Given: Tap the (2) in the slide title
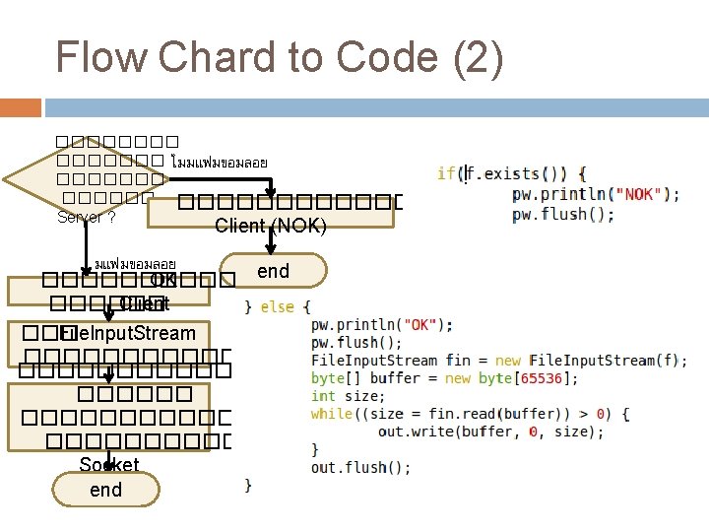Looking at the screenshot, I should (479, 57).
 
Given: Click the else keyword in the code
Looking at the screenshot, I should (277, 306).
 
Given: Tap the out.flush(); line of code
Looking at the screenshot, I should (361, 467).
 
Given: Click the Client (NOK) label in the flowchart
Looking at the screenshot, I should (271, 226).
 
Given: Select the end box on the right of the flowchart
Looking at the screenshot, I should (273, 271).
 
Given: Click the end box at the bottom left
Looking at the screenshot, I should (105, 490).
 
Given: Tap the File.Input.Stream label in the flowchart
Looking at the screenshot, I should (127, 333).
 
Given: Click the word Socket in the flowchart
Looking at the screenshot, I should (109, 465).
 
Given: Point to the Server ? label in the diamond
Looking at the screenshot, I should (86, 217).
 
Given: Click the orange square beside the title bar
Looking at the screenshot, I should (27, 108).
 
